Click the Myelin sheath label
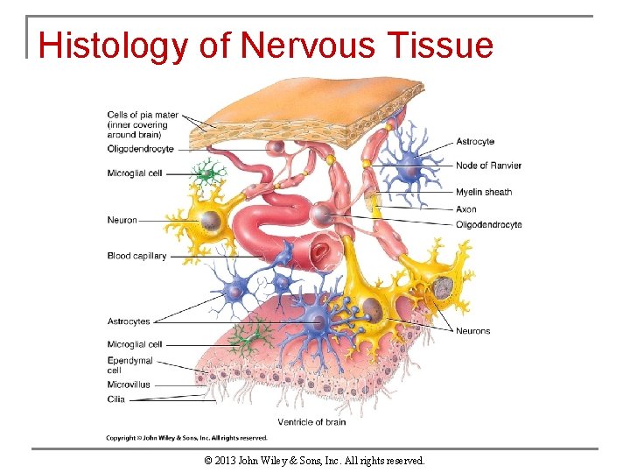[x=484, y=192]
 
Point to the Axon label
[x=466, y=209]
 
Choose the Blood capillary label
[x=136, y=256]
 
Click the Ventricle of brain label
[x=311, y=422]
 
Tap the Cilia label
[x=116, y=399]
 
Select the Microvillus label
[x=129, y=385]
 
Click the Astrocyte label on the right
[x=475, y=141]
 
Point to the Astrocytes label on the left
[x=129, y=321]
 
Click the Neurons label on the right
[x=472, y=331]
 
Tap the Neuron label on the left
[x=122, y=220]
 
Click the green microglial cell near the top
[x=206, y=173]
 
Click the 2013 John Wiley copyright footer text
[x=314, y=460]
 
